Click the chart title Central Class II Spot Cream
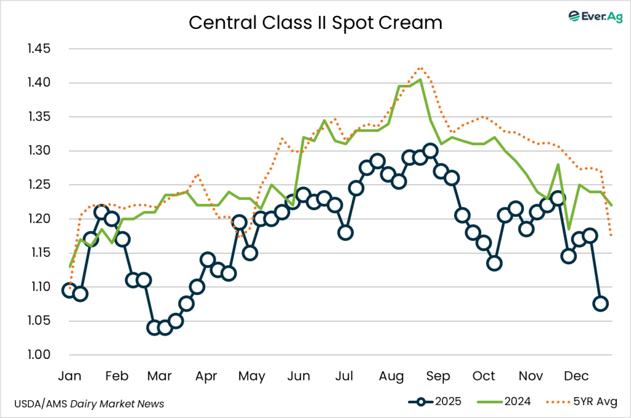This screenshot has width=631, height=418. [315, 23]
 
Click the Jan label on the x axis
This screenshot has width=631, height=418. [69, 376]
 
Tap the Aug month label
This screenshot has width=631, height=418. [391, 376]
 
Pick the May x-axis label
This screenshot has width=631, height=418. [251, 376]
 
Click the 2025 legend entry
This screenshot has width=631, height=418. [435, 402]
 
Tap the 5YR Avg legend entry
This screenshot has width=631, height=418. [579, 402]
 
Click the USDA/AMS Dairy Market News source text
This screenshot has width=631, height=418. [89, 403]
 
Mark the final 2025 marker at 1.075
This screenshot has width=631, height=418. [600, 303]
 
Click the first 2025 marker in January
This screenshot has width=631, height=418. [69, 290]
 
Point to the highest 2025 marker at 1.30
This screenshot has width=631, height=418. [431, 151]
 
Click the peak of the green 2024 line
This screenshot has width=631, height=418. [420, 79]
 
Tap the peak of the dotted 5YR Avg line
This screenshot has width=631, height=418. [420, 68]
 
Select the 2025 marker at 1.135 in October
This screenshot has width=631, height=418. [494, 263]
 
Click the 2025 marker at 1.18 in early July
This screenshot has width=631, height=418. [345, 232]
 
